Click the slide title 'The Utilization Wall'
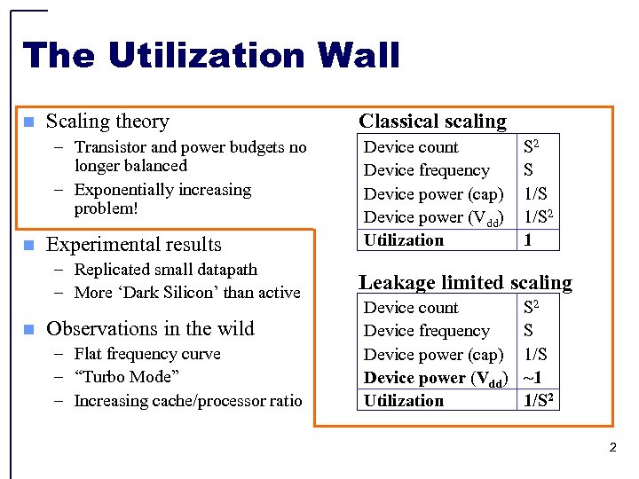[211, 55]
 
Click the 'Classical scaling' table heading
[432, 122]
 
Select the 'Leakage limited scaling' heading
[465, 283]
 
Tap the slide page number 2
[612, 448]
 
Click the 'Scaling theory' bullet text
[107, 122]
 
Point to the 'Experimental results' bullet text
[134, 245]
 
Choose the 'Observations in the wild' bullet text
[150, 329]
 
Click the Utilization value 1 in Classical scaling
[528, 240]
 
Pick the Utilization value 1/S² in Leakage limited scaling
[540, 400]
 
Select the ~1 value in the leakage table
[533, 377]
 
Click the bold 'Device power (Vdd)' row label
[435, 378]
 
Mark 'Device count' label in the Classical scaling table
[411, 147]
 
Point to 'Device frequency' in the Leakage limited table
[426, 331]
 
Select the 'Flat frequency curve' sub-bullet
[147, 354]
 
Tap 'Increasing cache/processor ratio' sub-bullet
[188, 401]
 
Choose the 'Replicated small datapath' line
[166, 270]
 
